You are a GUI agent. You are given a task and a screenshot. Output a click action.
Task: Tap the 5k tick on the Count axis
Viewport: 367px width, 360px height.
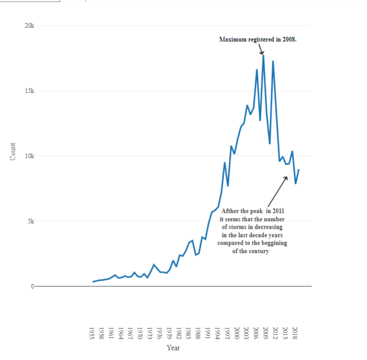[x=31, y=221]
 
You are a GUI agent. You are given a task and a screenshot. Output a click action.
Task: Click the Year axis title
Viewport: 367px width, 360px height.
[x=173, y=348]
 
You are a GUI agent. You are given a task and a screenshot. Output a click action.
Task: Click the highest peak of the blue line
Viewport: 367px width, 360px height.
[x=263, y=55]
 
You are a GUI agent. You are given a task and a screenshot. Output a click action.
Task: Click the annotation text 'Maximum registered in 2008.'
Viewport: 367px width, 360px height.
[x=257, y=39]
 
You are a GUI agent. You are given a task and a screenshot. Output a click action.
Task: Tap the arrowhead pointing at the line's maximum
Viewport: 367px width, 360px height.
[x=261, y=52]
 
